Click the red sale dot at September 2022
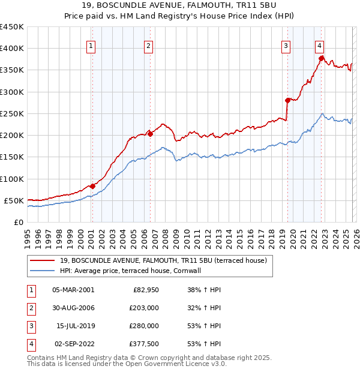pyautogui.click(x=322, y=58)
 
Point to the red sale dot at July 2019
pyautogui.click(x=288, y=100)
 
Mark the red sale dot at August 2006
pyautogui.click(x=150, y=134)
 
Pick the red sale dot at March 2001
pyautogui.click(x=92, y=186)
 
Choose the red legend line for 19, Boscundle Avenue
pyautogui.click(x=42, y=260)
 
